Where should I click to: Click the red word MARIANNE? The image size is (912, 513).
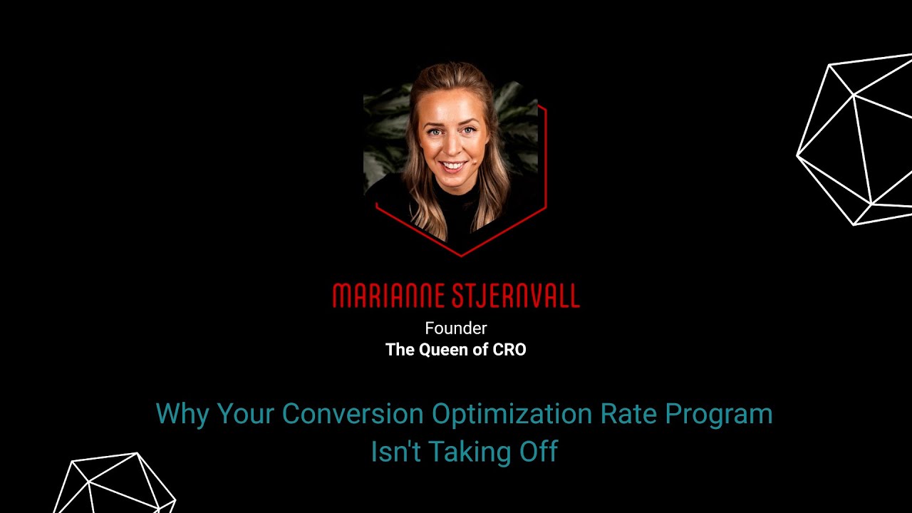coord(380,296)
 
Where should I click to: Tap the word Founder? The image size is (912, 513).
coord(456,328)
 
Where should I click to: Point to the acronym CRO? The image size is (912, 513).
coord(509,350)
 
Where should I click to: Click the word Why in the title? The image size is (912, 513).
coord(182,414)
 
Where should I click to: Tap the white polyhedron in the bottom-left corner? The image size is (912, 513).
coord(114,484)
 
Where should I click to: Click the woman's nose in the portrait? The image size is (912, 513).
coord(452,147)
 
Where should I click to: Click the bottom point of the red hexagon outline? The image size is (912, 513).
coord(461,255)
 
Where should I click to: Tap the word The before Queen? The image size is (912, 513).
coord(400,350)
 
